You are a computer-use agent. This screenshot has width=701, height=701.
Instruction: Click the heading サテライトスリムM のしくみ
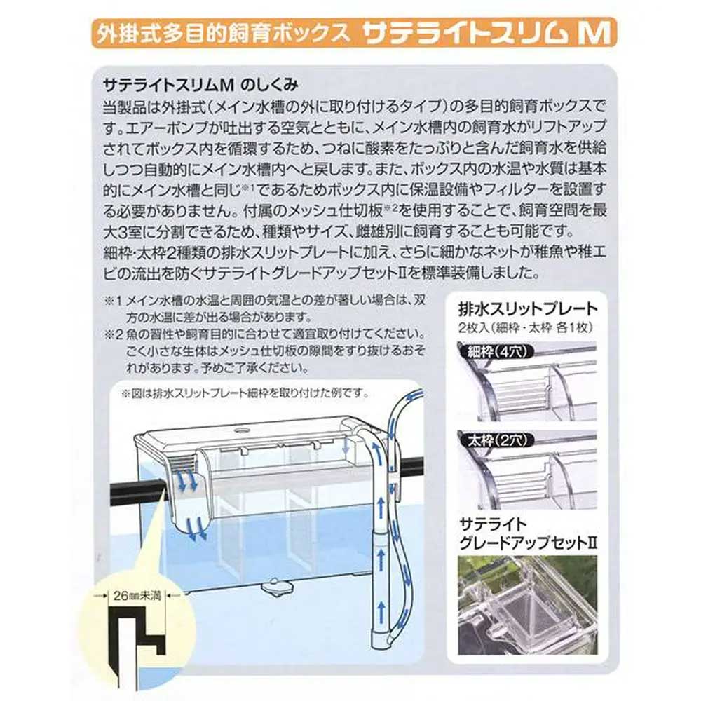point(200,85)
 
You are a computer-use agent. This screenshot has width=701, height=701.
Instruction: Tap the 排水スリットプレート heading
point(528,308)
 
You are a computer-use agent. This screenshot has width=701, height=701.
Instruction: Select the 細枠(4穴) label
point(494,351)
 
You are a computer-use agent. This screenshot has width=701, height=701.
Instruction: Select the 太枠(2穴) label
point(494,441)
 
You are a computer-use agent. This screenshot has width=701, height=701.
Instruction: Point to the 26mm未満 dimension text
point(137,595)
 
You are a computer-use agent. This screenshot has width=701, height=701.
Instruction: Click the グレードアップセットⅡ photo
point(528,605)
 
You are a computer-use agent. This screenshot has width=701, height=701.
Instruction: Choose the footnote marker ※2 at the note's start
point(113,334)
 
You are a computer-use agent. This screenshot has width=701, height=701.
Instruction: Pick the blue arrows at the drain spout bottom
point(197,528)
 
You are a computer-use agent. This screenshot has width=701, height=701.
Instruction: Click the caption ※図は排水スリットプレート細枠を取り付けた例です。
point(245,393)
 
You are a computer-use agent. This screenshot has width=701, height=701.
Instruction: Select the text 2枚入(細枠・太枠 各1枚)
point(525,327)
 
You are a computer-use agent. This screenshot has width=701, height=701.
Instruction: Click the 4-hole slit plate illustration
point(528,381)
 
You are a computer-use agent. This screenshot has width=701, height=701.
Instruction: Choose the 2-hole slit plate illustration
point(528,470)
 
